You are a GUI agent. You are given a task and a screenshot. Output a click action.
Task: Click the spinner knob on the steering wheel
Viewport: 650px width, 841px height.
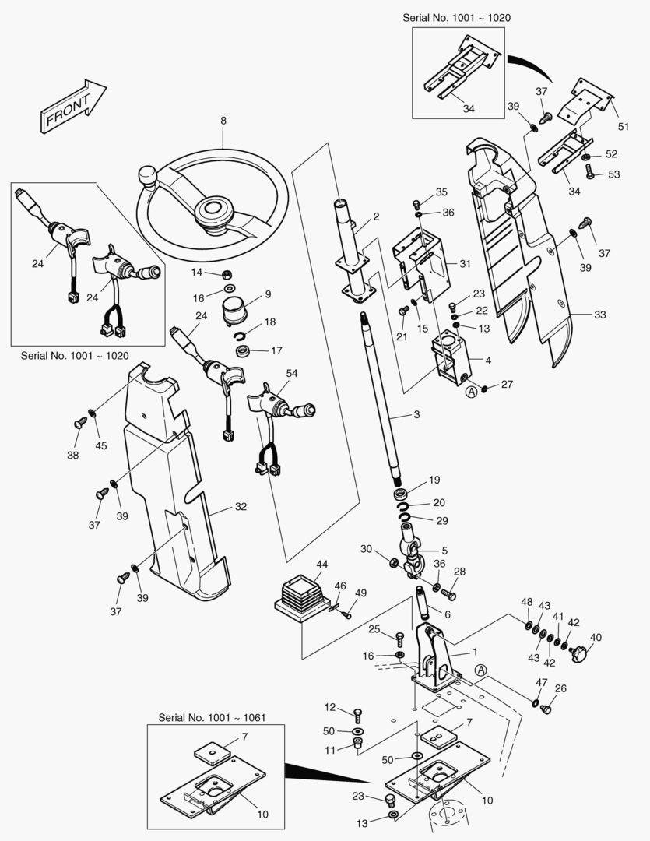(x=149, y=177)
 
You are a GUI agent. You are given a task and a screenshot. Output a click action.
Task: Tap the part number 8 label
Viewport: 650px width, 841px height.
(x=223, y=121)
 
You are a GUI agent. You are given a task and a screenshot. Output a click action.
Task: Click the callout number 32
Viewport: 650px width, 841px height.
(x=241, y=507)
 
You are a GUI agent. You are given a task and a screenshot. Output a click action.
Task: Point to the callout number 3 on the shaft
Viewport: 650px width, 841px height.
(x=416, y=414)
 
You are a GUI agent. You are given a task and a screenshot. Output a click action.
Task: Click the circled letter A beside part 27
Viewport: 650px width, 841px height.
(x=471, y=392)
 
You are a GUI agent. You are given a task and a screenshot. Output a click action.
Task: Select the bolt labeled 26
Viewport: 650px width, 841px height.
(x=545, y=710)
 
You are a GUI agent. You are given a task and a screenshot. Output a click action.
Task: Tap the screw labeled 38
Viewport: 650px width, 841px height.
(x=79, y=423)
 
